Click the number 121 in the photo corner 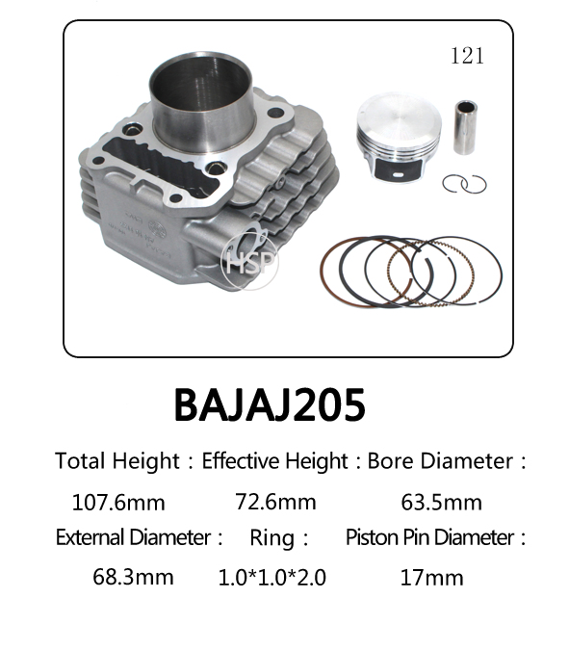(x=467, y=56)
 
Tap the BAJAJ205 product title (x=270, y=404)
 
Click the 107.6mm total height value (x=118, y=503)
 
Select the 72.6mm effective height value (x=275, y=502)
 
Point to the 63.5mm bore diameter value (x=441, y=503)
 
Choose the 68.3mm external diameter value (x=133, y=577)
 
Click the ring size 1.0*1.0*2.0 (x=272, y=578)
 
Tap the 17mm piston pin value (x=431, y=578)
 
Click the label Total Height (x=116, y=461)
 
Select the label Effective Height (x=274, y=461)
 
